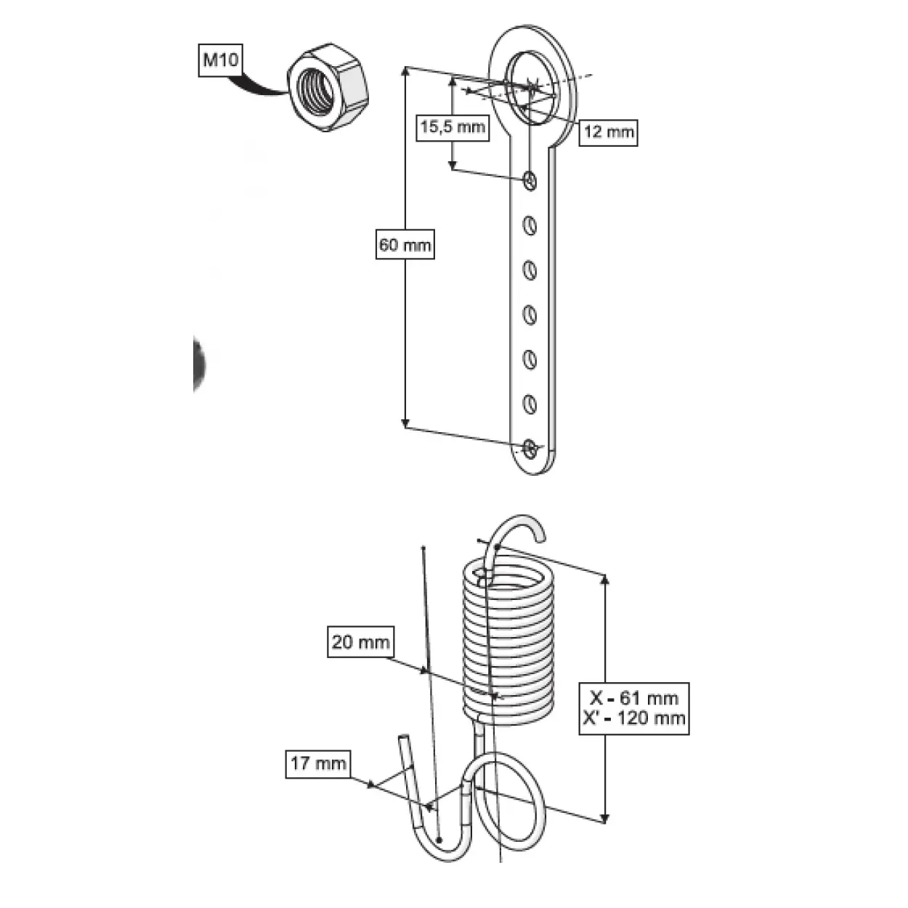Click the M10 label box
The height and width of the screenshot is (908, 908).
pyautogui.click(x=220, y=60)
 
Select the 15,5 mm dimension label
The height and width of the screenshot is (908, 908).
pyautogui.click(x=453, y=126)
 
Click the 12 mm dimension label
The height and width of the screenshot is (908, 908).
pyautogui.click(x=608, y=132)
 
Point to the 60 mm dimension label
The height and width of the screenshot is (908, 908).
pyautogui.click(x=405, y=245)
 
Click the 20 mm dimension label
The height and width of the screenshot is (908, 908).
pyautogui.click(x=360, y=641)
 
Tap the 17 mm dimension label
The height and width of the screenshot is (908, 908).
pyautogui.click(x=319, y=764)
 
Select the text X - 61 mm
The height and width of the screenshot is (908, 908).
pyautogui.click(x=634, y=697)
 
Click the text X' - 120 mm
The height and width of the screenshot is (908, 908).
pyautogui.click(x=634, y=718)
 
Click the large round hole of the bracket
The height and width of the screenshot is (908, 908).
pyautogui.click(x=531, y=88)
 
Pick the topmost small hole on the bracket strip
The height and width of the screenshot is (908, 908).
pyautogui.click(x=530, y=180)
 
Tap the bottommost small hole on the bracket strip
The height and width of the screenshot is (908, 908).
pyautogui.click(x=530, y=449)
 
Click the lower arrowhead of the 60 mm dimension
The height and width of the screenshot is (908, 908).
pyautogui.click(x=406, y=423)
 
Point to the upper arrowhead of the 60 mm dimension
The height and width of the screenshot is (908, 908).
pyautogui.click(x=406, y=72)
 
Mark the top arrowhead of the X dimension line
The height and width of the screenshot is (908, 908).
pyautogui.click(x=606, y=580)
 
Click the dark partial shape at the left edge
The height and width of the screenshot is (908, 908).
pyautogui.click(x=199, y=363)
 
